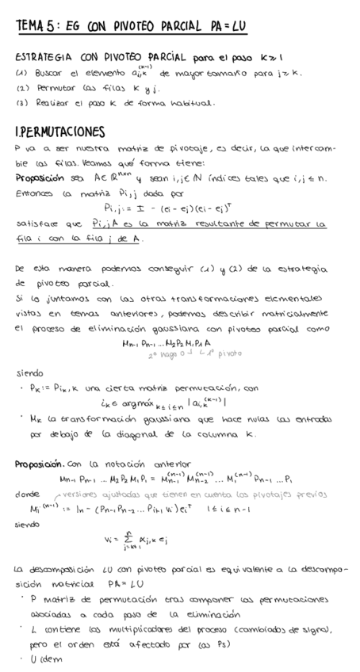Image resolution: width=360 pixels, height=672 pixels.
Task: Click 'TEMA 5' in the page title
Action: pos(34,26)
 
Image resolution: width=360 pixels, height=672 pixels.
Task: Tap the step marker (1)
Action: pos(21,73)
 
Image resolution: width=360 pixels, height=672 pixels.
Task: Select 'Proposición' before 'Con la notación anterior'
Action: pos(40,464)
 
